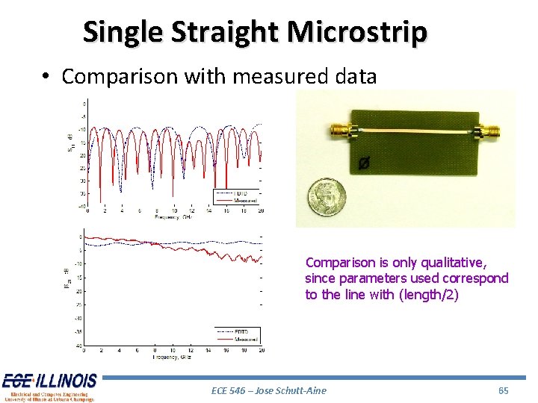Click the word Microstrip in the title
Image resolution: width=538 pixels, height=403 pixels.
pos(357,32)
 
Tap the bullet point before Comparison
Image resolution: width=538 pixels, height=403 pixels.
pos(46,77)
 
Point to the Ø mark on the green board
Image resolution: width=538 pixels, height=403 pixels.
pos(363,163)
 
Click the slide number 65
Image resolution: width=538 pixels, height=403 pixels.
pos(503,390)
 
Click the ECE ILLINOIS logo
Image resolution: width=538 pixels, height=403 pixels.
pos(49,381)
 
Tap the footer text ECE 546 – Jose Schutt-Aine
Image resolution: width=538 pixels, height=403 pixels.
pos(269,390)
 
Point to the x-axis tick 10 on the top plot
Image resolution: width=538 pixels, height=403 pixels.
pos(173,211)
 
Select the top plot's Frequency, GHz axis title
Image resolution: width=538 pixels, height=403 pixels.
pos(173,218)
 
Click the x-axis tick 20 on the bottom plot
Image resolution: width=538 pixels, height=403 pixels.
pos(261,350)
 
